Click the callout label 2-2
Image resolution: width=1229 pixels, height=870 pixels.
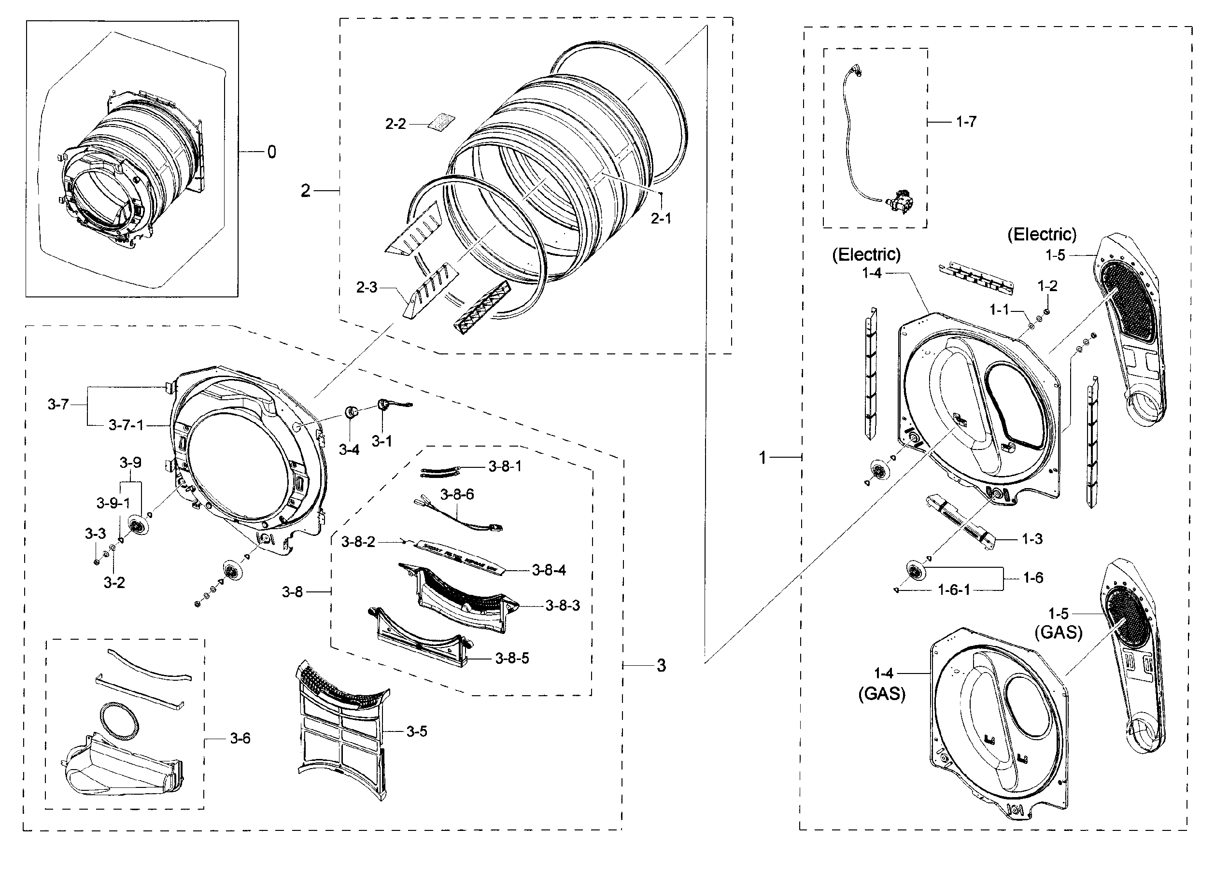pyautogui.click(x=396, y=124)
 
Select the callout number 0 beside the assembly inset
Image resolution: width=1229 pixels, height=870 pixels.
pyautogui.click(x=271, y=152)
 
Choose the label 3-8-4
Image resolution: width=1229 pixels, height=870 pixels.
pyautogui.click(x=549, y=570)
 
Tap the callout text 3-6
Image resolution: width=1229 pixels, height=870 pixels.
pyautogui.click(x=240, y=738)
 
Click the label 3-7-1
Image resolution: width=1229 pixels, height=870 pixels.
pyautogui.click(x=126, y=425)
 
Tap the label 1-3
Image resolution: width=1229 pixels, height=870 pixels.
pyautogui.click(x=1031, y=539)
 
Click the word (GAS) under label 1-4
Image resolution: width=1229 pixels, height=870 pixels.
pyautogui.click(x=882, y=694)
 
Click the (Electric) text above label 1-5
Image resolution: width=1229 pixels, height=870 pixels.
pyautogui.click(x=1042, y=235)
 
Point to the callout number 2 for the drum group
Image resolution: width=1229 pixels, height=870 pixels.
pyautogui.click(x=305, y=191)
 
